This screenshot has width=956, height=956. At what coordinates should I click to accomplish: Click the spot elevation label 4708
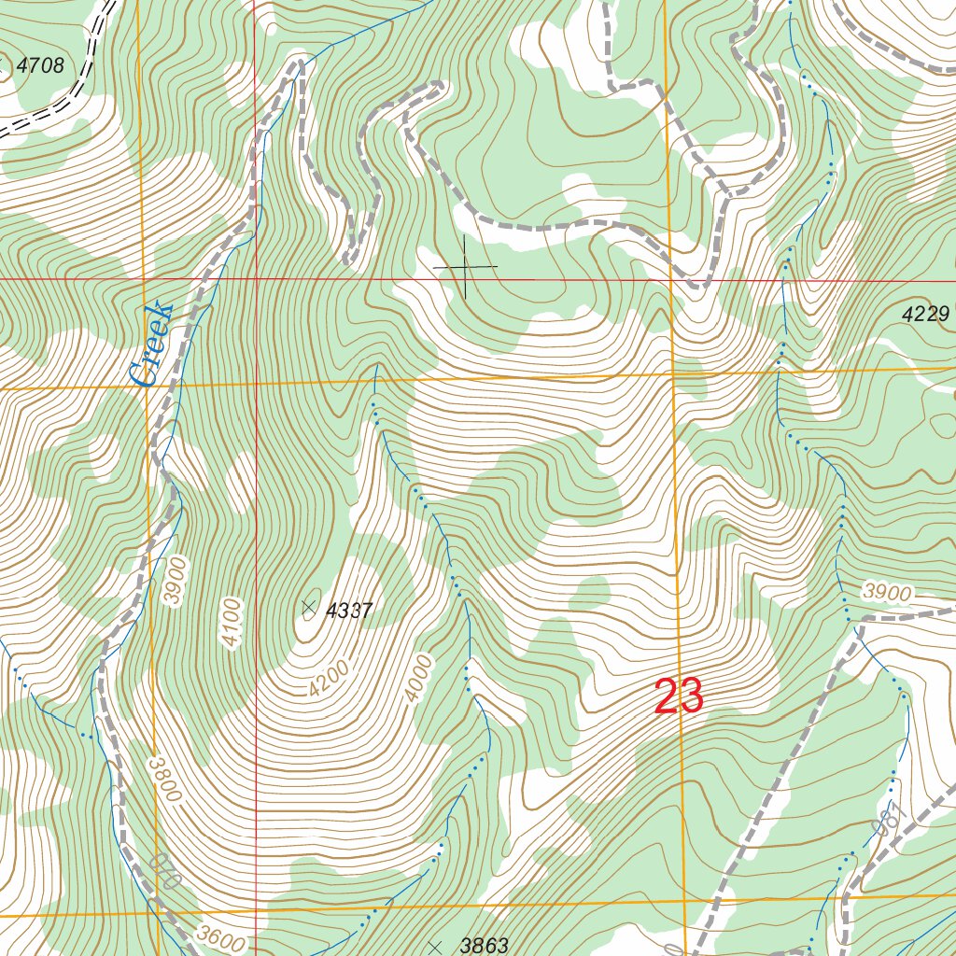(40, 65)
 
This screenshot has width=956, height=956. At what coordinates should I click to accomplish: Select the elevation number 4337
(349, 612)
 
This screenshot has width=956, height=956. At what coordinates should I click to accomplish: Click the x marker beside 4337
(308, 608)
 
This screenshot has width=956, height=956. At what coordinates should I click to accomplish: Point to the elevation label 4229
(925, 316)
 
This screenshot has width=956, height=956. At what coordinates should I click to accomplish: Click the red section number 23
(679, 696)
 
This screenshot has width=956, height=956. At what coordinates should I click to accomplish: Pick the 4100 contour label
(232, 622)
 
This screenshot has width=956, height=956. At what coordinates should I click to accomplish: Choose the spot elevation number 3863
(484, 946)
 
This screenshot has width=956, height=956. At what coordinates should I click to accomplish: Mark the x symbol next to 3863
(435, 947)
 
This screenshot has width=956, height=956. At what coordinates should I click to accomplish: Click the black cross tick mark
(465, 268)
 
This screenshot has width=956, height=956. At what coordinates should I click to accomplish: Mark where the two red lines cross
(256, 278)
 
